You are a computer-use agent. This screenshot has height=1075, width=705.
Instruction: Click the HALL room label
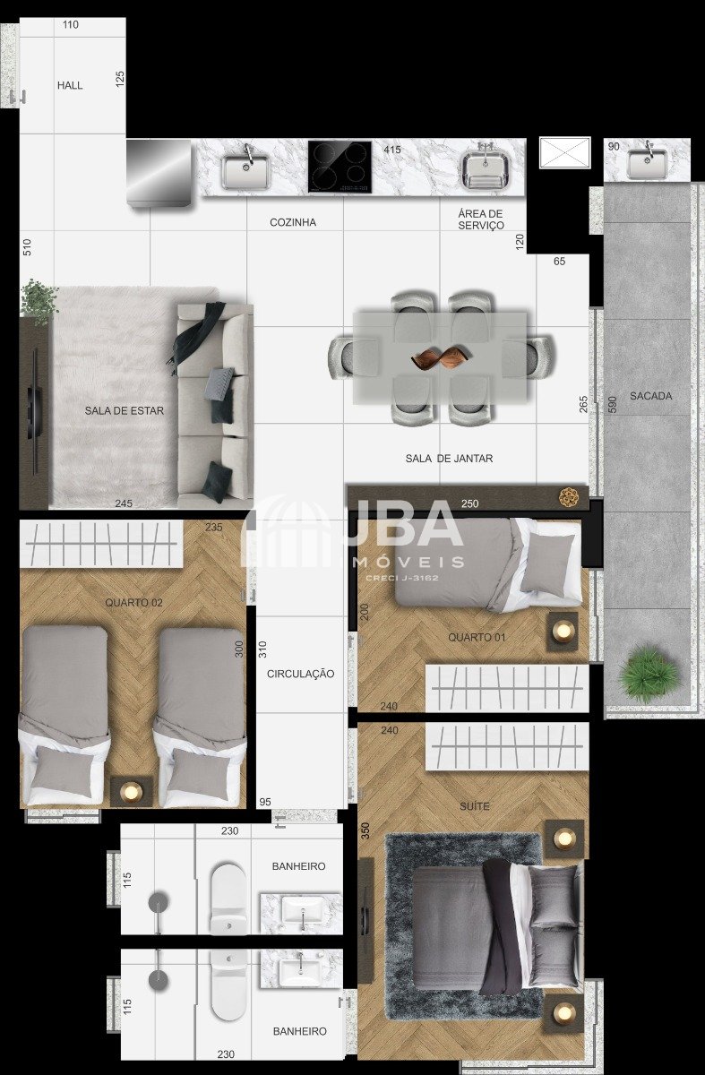click(x=70, y=85)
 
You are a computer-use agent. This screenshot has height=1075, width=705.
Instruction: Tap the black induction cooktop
click(x=340, y=167)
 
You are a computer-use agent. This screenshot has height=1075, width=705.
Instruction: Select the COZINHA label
click(x=293, y=222)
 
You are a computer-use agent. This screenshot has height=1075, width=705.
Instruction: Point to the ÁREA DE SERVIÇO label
click(x=481, y=219)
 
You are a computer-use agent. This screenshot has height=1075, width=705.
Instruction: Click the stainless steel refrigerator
click(x=159, y=173)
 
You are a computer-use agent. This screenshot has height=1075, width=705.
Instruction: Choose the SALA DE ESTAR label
click(x=125, y=410)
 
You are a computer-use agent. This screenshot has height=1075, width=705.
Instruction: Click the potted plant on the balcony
click(x=649, y=675)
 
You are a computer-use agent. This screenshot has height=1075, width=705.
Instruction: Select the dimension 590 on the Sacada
click(x=612, y=404)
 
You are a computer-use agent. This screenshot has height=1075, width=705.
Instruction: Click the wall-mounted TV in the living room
click(x=34, y=412)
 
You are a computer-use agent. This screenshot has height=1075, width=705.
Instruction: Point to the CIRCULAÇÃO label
click(x=300, y=674)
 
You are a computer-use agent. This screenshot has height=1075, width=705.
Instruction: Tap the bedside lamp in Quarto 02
click(x=132, y=791)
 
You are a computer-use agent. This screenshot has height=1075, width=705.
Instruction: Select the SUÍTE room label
click(x=475, y=805)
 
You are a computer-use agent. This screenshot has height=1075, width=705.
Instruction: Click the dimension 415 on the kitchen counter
click(x=392, y=150)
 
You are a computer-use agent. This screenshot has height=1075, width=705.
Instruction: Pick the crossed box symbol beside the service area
click(x=565, y=152)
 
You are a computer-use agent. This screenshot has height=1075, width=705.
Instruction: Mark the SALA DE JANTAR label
click(x=449, y=459)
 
